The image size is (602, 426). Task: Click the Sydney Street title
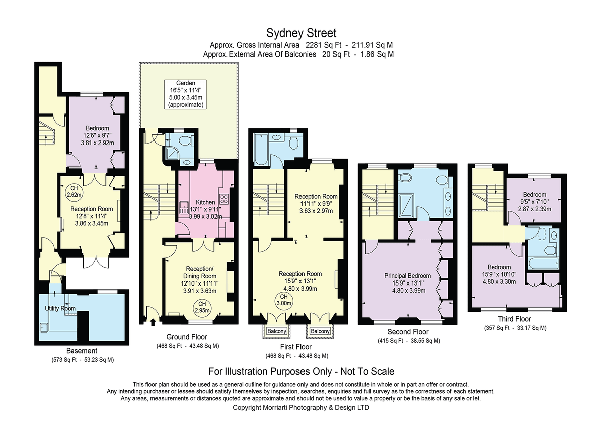coord(301,33)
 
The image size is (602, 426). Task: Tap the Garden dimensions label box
coord(186,94)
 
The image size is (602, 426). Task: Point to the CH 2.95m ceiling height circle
coord(202,307)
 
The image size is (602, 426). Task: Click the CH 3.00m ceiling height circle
coord(284,300)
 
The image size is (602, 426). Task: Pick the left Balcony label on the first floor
coord(277,331)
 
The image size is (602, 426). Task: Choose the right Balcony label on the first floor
coord(320,331)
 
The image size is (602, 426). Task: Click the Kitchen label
coord(205,202)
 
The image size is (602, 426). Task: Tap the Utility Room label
coord(60,308)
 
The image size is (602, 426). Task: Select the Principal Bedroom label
coord(408,276)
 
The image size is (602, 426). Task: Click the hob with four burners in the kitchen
coord(224,199)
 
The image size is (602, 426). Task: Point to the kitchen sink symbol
coord(184,208)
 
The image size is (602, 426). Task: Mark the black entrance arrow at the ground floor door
coord(153,322)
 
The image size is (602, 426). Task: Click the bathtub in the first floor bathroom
coord(261,149)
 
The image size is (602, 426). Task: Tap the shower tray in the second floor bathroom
coord(406,205)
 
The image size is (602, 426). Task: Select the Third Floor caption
coord(514,319)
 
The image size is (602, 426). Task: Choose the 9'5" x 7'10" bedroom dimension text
coord(534,202)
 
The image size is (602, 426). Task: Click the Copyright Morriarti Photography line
coord(300,408)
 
